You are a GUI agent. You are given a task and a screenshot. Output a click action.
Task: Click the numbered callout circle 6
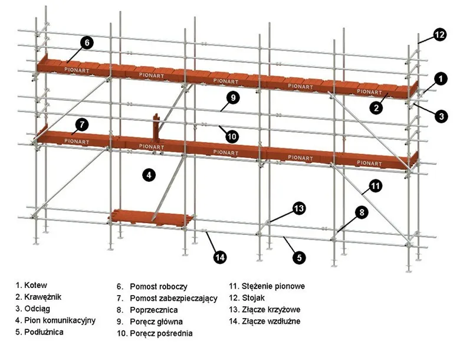click(86, 42)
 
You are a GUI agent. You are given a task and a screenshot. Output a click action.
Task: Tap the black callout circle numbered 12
click(439, 34)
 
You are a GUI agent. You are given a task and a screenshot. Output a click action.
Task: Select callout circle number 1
click(439, 77)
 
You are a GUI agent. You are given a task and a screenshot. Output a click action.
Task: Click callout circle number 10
click(232, 136)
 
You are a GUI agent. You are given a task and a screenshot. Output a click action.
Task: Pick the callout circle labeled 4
click(149, 175)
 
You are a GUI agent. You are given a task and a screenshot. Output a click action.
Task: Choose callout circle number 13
click(299, 208)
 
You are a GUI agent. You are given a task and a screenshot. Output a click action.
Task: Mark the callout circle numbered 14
click(220, 257)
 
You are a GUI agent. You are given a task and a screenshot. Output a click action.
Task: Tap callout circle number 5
click(299, 257)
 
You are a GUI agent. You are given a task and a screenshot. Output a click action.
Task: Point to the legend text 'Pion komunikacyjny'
click(55, 320)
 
